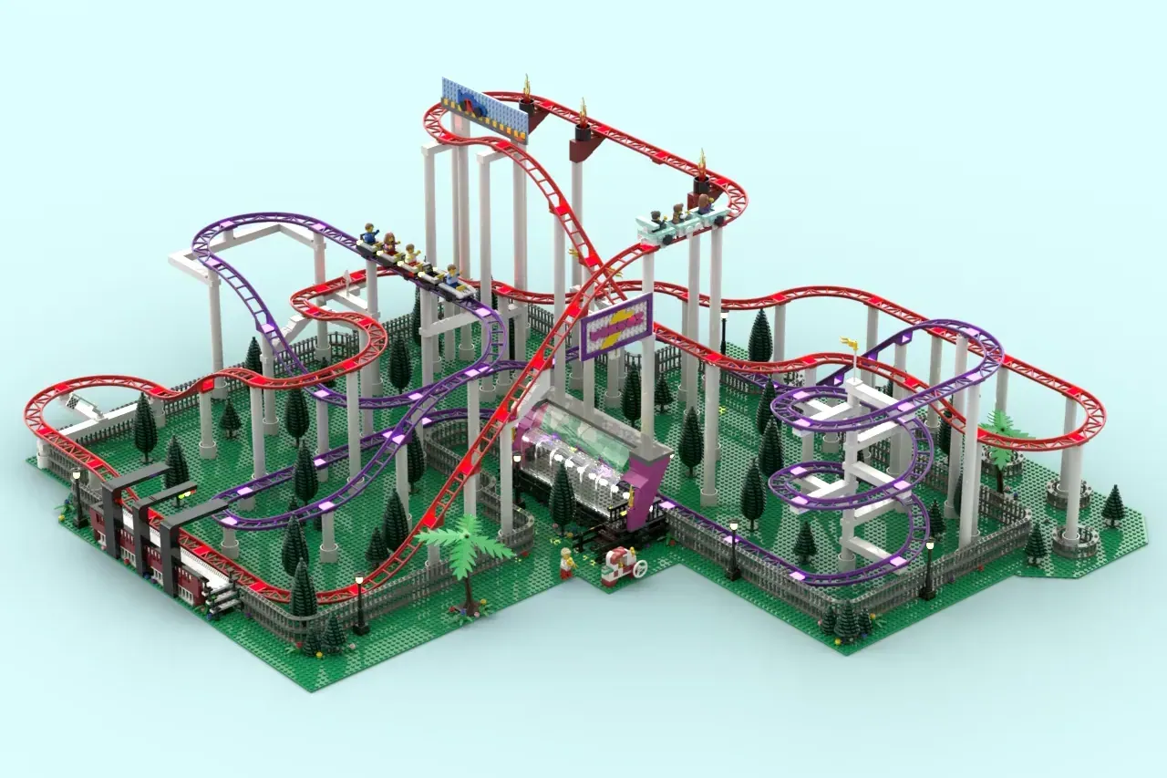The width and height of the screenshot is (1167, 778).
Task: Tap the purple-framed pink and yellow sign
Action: (x=617, y=326)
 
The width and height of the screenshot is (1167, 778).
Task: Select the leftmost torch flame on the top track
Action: (x=527, y=88)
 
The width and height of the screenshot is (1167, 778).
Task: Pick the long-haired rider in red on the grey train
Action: (x=391, y=244)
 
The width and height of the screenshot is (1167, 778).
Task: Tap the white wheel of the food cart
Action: (x=641, y=568)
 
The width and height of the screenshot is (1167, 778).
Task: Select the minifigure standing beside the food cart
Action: (x=567, y=562)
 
